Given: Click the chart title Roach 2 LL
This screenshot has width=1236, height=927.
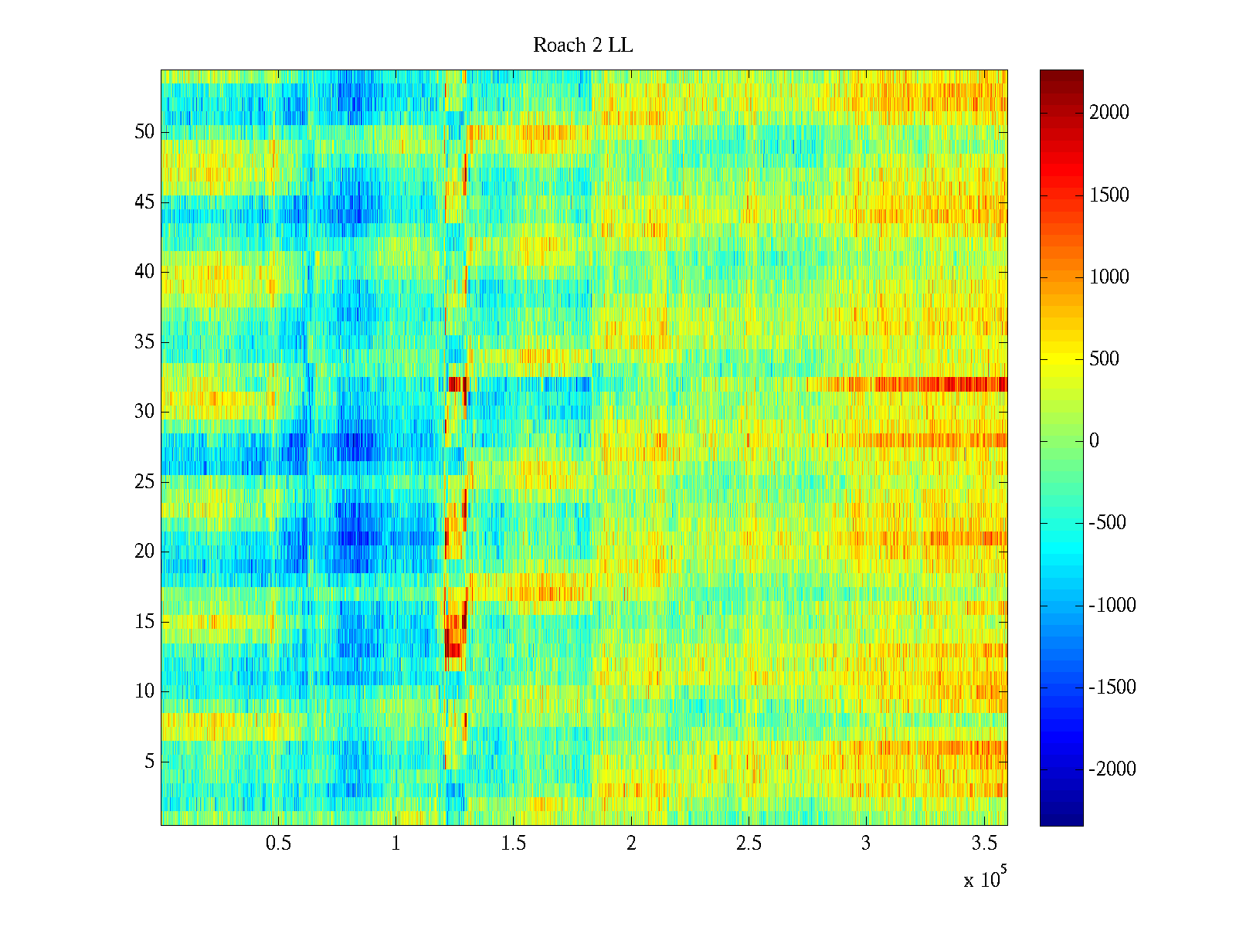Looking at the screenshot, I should click(x=583, y=46).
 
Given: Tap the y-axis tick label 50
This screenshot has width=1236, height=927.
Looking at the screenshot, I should click(x=144, y=132).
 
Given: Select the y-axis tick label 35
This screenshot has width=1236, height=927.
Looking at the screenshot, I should click(x=144, y=341).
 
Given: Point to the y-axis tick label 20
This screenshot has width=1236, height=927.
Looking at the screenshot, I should click(x=144, y=552).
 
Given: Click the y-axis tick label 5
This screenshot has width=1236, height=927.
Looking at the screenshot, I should click(x=149, y=762).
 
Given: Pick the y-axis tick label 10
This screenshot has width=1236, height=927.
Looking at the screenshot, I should click(x=144, y=691).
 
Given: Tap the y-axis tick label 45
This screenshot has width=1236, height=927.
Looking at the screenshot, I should click(x=144, y=202).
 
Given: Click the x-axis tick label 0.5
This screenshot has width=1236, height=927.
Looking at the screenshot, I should click(x=278, y=844).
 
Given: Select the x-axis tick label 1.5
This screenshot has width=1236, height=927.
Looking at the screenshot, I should click(x=514, y=844).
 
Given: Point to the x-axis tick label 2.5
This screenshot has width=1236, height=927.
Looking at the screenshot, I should click(x=749, y=844).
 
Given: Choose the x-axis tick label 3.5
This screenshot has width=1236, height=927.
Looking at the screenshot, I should click(x=983, y=844).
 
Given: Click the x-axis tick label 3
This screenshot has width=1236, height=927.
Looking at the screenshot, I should click(x=866, y=844).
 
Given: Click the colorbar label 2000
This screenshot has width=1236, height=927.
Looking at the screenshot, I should click(x=1109, y=113).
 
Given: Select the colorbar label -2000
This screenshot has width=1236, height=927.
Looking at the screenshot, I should click(x=1112, y=769).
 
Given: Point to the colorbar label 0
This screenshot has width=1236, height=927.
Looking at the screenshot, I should click(x=1094, y=441).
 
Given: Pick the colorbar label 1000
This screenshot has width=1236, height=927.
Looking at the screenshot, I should click(x=1109, y=277).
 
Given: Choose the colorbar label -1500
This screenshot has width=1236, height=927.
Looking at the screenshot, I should click(x=1112, y=688).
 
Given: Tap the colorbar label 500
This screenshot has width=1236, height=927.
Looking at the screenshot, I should click(x=1105, y=359).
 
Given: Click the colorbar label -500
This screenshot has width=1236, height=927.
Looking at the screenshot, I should click(x=1108, y=523).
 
